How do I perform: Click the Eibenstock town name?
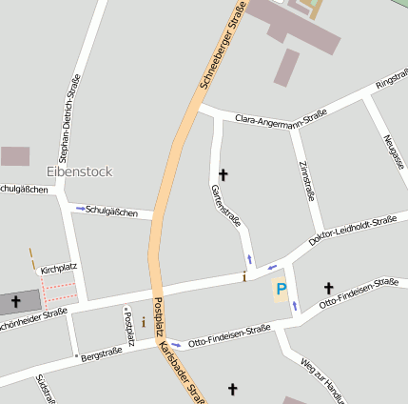(x=79, y=172)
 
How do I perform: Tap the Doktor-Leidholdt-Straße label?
(x=352, y=232)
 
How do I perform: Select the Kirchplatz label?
(x=57, y=270)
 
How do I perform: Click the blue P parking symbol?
(x=281, y=289)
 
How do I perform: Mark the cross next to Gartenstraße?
(x=223, y=174)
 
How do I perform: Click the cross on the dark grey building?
(x=15, y=301)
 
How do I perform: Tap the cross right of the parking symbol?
(x=328, y=288)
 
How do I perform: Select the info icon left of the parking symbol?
(x=244, y=277)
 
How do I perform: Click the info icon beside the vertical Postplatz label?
(x=143, y=322)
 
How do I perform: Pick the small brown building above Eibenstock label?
(x=15, y=156)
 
